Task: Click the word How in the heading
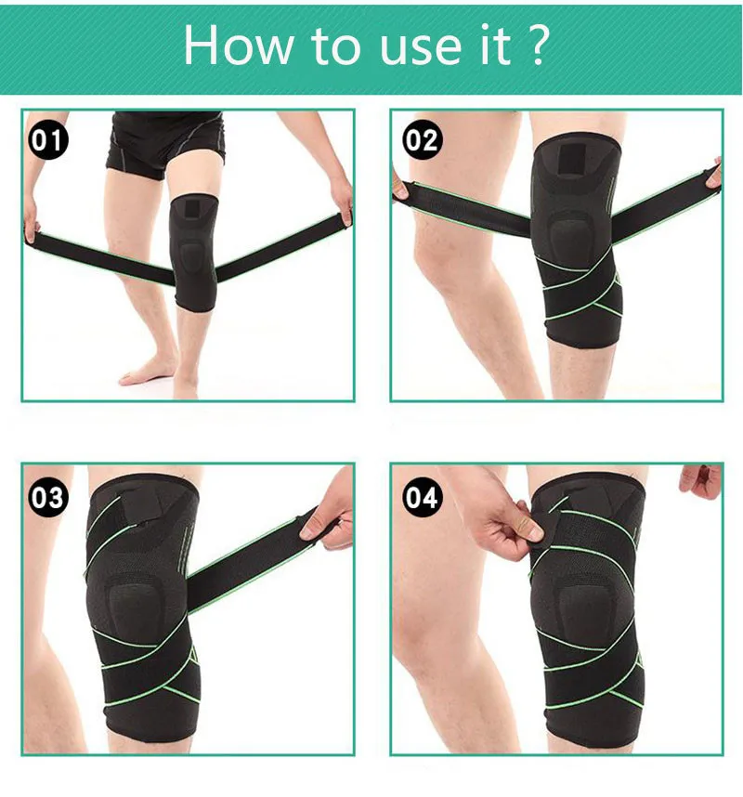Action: (239, 46)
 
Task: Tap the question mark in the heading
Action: (536, 46)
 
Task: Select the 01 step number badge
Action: (47, 140)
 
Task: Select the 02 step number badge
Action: (422, 140)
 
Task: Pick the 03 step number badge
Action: (47, 497)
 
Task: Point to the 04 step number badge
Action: (422, 497)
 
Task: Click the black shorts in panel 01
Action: (166, 143)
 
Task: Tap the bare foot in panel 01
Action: (145, 374)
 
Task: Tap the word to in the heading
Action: (336, 48)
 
